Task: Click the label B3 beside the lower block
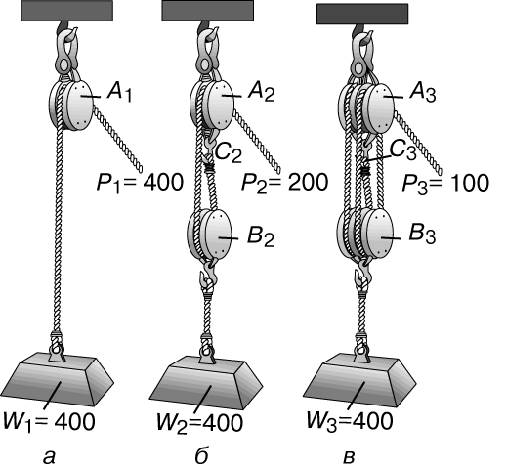422,234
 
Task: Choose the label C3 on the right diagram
402,150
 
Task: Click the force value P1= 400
140,183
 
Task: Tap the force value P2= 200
284,183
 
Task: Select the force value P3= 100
445,183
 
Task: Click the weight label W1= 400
49,422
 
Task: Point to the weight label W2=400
199,422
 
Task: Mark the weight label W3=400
350,421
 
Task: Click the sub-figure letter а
49,457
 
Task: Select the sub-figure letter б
202,455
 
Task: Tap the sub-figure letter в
349,457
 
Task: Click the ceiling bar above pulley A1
67,11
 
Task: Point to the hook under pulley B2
208,272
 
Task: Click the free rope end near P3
440,170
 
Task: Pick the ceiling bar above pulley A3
362,14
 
